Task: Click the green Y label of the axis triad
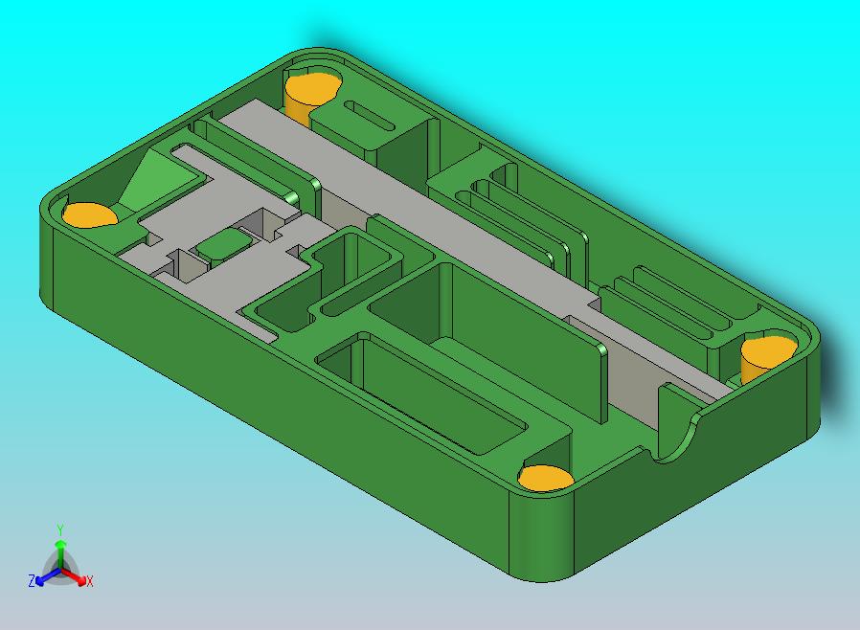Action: (60, 529)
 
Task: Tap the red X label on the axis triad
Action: (89, 581)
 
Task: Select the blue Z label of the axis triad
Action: (32, 580)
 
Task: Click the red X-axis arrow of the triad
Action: (74, 576)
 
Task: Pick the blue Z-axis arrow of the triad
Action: (48, 576)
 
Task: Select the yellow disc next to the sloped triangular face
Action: (89, 214)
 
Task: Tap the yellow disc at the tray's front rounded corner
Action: (546, 478)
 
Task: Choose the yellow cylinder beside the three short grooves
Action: (767, 357)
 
